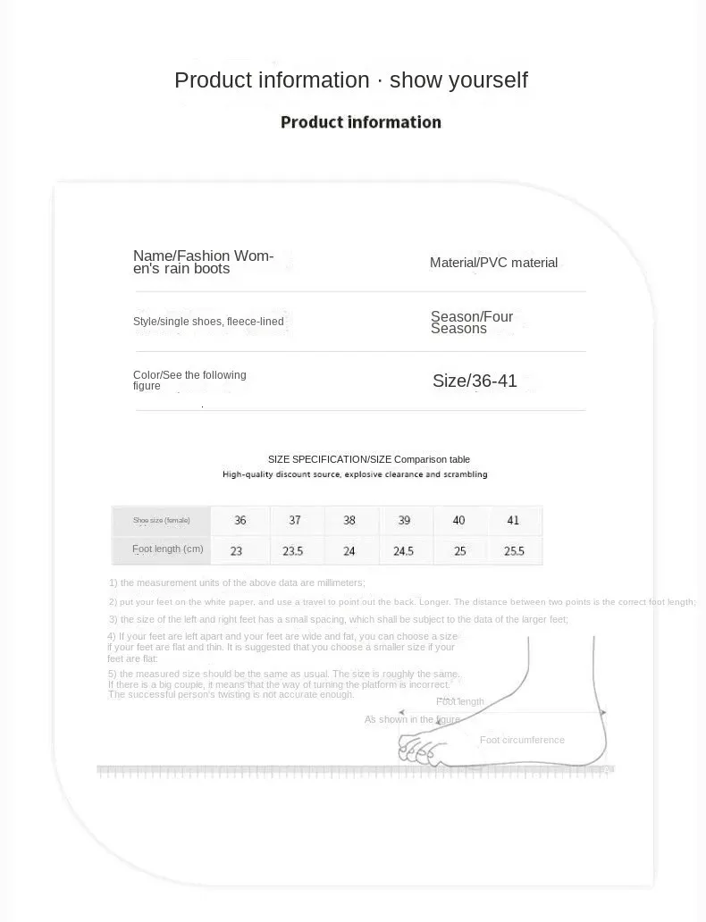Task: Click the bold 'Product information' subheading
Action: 360,122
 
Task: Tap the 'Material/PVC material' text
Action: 493,263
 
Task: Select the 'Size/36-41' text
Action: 475,381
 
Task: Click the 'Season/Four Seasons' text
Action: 472,323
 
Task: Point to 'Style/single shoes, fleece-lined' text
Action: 208,322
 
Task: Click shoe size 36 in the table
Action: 240,520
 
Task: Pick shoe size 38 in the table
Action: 349,520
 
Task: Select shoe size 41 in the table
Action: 513,520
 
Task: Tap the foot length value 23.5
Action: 293,551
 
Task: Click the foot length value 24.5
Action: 403,551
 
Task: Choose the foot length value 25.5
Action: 514,551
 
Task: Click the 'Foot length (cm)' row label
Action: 168,549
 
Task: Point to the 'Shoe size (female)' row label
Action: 161,520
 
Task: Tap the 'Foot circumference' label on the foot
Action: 522,740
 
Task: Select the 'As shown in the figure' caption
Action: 412,719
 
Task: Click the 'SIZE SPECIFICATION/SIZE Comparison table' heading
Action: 369,459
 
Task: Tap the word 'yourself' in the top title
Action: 483,80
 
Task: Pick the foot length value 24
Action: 349,551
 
